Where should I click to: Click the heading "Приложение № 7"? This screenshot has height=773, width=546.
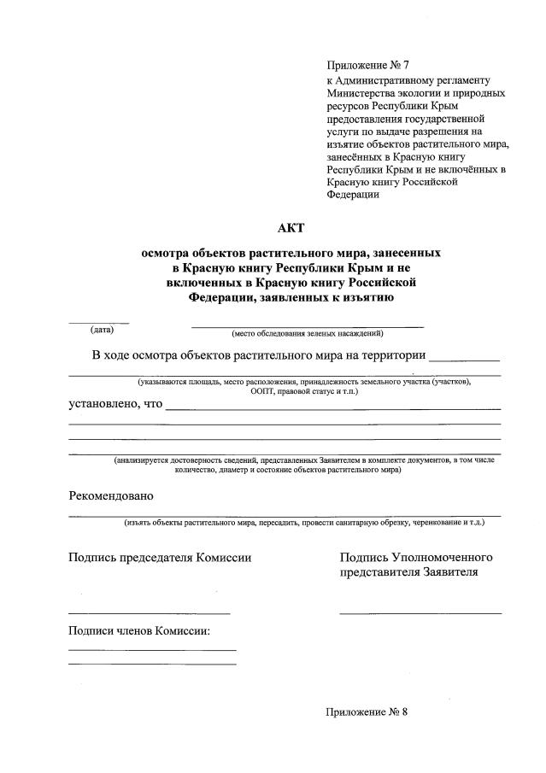tap(367, 66)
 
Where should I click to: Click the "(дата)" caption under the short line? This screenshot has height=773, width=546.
tap(102, 330)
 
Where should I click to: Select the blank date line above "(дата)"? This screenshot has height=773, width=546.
tap(99, 323)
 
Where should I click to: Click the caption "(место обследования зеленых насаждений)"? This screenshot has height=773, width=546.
tap(307, 333)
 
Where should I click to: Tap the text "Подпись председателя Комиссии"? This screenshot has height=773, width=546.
tap(160, 558)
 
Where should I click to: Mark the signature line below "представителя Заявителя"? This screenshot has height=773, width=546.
tap(420, 613)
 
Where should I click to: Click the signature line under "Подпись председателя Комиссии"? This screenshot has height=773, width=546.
tap(149, 613)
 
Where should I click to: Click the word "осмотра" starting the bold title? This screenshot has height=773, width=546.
tap(167, 254)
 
